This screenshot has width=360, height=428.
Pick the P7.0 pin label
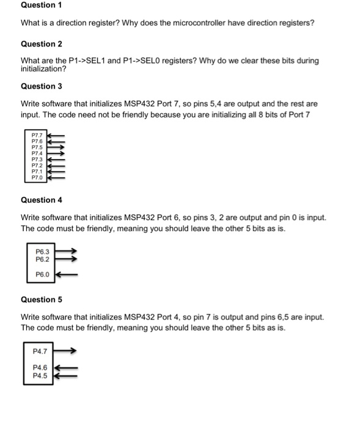coord(37,177)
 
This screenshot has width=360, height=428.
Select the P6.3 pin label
coord(42,251)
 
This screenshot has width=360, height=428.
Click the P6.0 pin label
coord(42,275)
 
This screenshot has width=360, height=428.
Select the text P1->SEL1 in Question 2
coord(83,61)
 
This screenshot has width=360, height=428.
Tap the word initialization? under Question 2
coord(43,68)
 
